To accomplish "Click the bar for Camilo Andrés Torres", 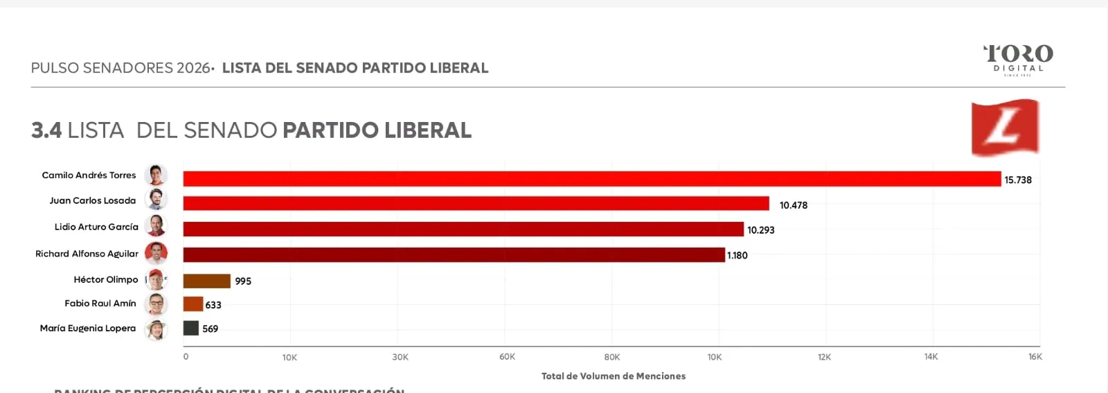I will click(592, 179).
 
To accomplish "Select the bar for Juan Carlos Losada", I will click(476, 203).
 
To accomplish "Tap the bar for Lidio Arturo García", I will click(463, 229).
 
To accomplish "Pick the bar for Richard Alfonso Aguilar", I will click(454, 255).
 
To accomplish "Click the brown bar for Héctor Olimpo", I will click(206, 281).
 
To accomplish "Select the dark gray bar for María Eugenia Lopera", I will click(190, 329).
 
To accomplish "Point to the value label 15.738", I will click(1018, 180).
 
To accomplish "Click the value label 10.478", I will click(793, 205).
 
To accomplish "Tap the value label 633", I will click(213, 305).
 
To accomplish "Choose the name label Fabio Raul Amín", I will click(100, 304).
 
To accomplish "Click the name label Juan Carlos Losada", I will click(92, 201).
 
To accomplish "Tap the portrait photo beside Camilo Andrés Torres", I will click(156, 175).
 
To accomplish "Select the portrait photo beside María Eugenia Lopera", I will click(156, 329).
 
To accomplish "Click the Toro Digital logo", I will click(1018, 59).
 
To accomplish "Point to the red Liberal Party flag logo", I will click(1005, 127).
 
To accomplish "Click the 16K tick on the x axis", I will click(1035, 357).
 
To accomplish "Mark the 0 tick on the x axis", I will click(186, 357).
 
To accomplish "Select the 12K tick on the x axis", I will click(824, 357).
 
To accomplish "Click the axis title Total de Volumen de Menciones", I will click(613, 376).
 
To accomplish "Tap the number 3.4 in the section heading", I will click(46, 130).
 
